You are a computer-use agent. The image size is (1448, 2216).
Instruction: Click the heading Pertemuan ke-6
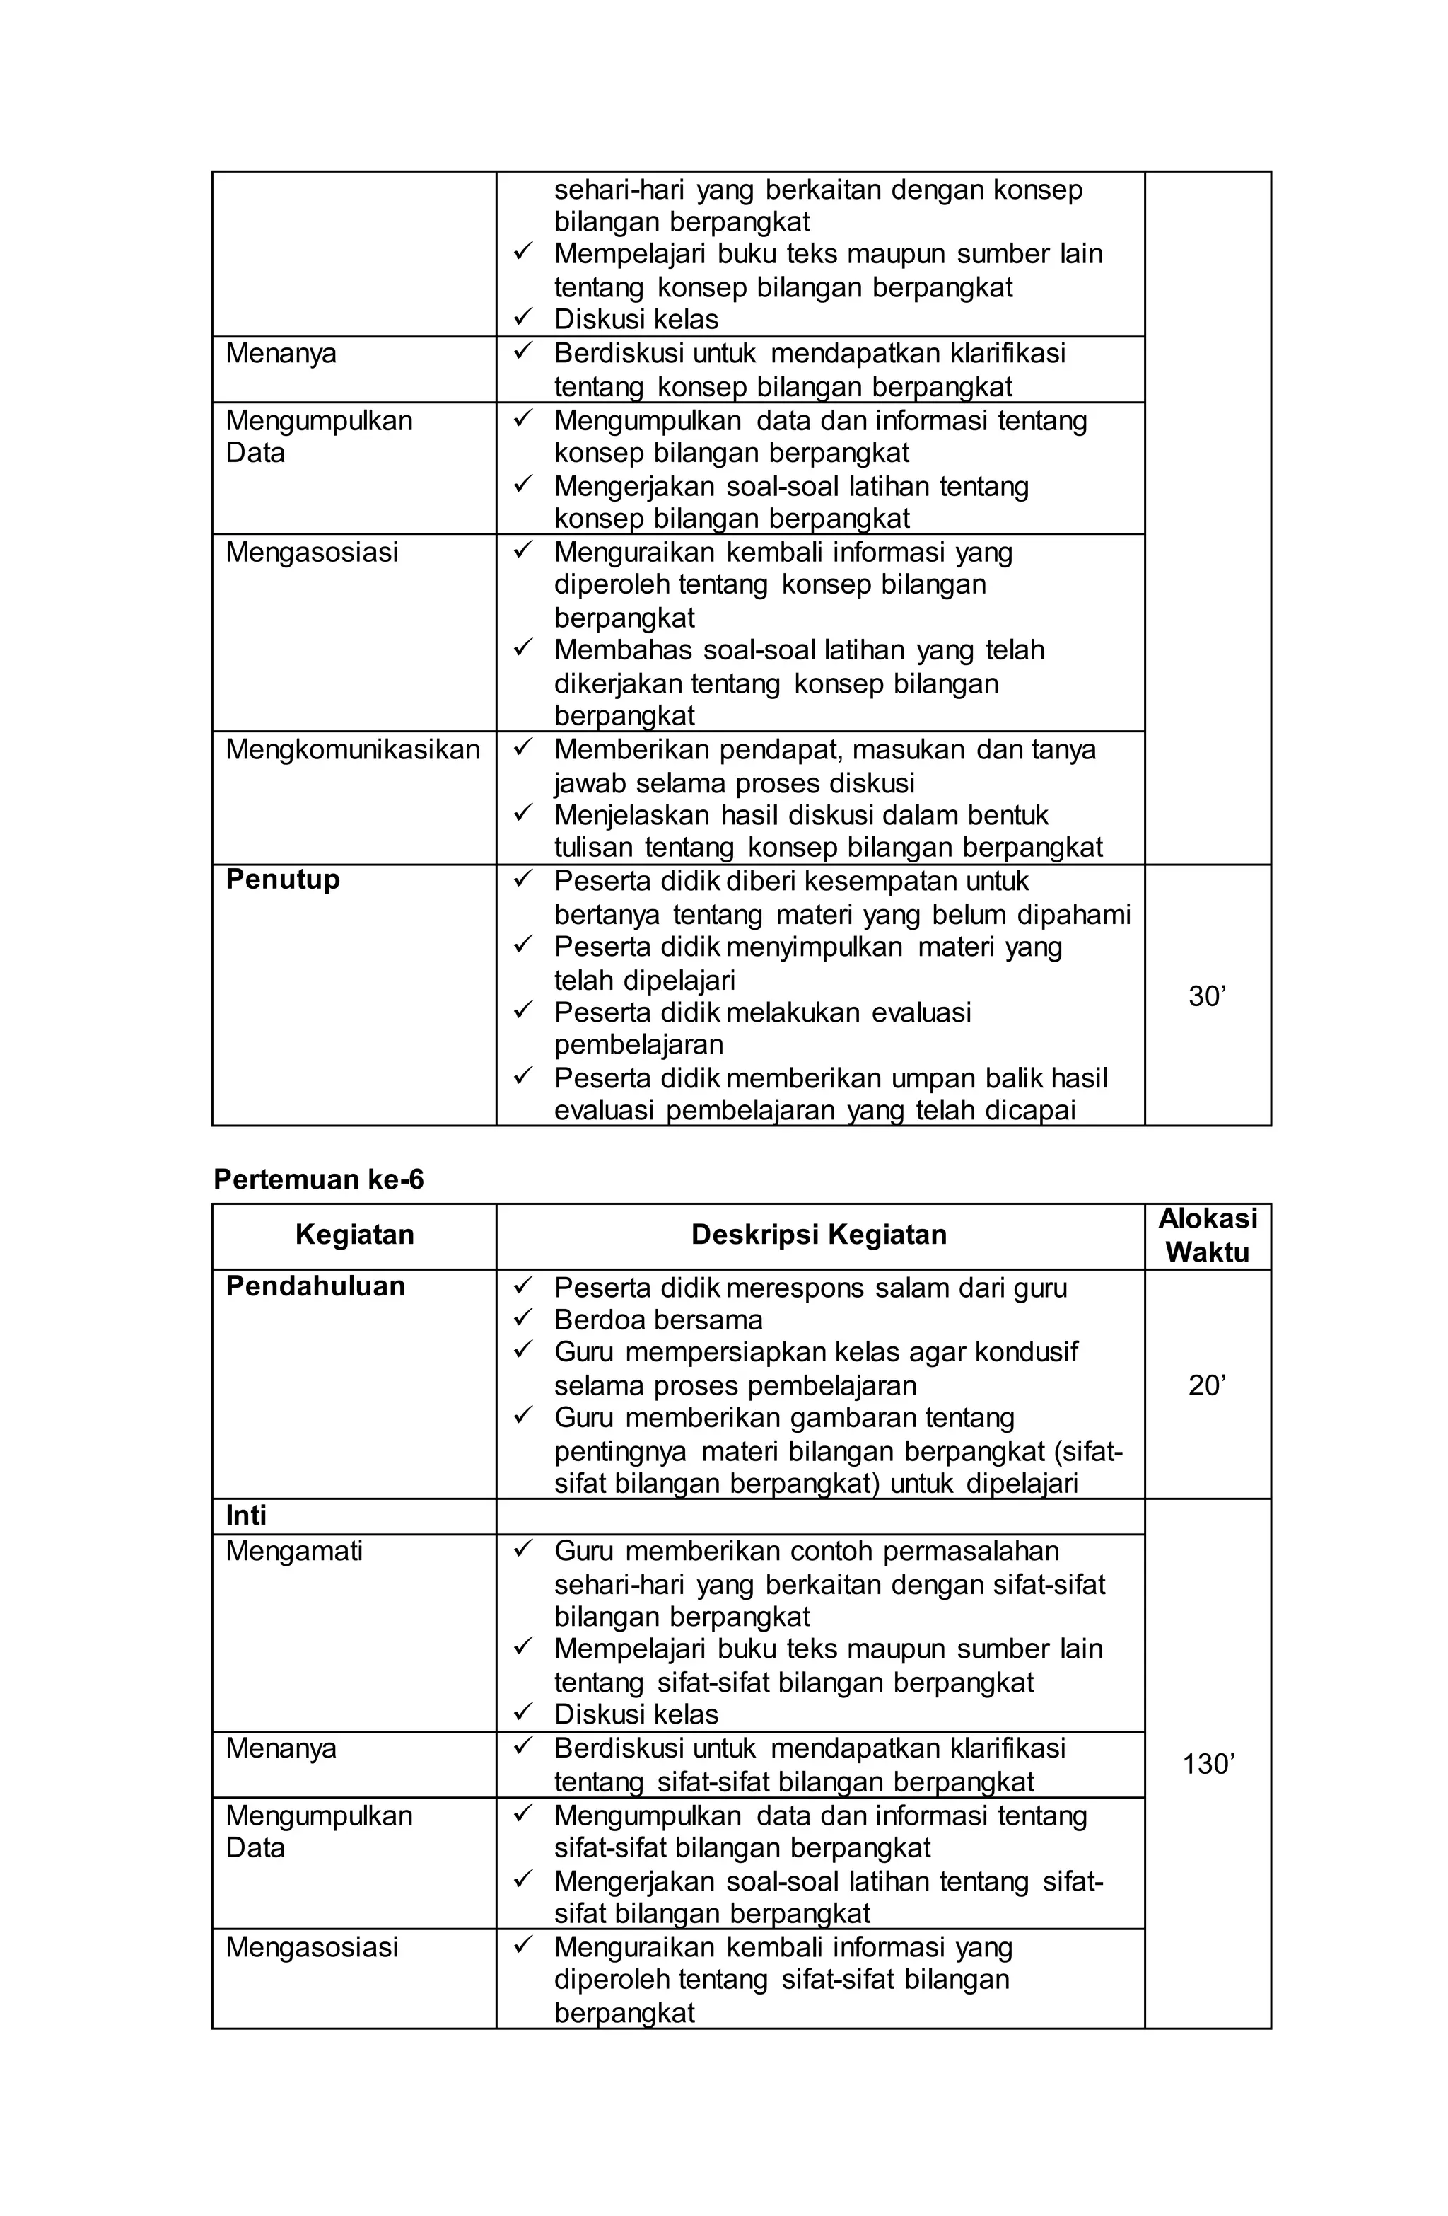[318, 1179]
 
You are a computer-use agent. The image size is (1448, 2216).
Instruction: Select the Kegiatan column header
[354, 1235]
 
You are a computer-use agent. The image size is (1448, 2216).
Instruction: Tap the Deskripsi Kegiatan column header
[818, 1235]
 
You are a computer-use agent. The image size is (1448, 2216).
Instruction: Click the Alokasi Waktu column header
[1207, 1235]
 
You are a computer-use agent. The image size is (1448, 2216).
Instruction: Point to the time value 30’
[1207, 997]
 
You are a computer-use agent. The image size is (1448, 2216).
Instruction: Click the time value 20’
[1207, 1385]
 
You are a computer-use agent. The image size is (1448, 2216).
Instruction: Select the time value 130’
[1207, 1763]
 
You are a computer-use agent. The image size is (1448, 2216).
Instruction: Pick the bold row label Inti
[245, 1516]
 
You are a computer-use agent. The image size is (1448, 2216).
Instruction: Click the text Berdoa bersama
[658, 1320]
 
